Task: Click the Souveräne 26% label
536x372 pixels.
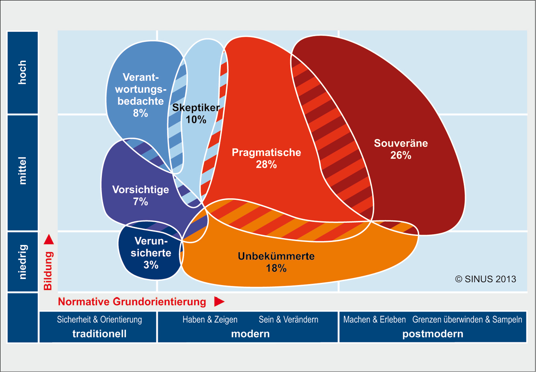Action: (401, 149)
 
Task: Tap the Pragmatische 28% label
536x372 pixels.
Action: (266, 158)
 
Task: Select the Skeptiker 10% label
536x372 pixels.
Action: (196, 114)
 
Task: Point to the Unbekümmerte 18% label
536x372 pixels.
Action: (276, 262)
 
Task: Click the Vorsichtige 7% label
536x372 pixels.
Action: (141, 195)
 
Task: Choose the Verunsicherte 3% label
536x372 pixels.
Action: (151, 253)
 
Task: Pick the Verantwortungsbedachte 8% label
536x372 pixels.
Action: (141, 95)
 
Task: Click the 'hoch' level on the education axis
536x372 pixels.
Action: (23, 72)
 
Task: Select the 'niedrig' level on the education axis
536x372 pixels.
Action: (23, 262)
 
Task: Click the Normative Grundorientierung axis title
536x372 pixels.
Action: (132, 302)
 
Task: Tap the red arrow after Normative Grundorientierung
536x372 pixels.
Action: (219, 302)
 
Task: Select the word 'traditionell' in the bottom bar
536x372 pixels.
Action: (99, 334)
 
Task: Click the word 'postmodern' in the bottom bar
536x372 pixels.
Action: (433, 334)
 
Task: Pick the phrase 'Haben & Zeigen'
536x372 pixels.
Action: (210, 319)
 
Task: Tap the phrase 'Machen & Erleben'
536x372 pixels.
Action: (374, 319)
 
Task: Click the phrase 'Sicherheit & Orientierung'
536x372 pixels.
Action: (99, 319)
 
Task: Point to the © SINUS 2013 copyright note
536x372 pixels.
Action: (485, 279)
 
